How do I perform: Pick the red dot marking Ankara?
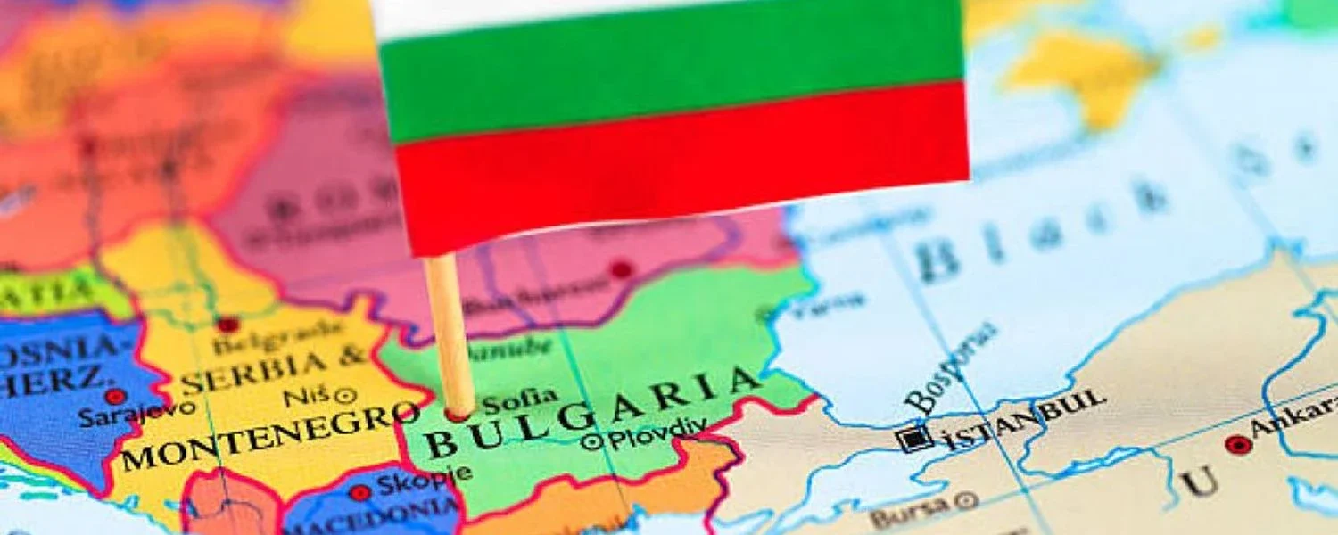coord(1237,444)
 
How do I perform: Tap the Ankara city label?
coord(1294,423)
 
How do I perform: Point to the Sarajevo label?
coord(136,414)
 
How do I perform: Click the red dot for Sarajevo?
coord(115,396)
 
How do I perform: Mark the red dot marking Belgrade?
coord(228,325)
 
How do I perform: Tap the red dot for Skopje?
coord(359,492)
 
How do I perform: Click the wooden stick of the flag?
coord(450,339)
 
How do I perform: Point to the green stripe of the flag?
coord(669,71)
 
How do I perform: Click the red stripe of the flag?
coord(678,160)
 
